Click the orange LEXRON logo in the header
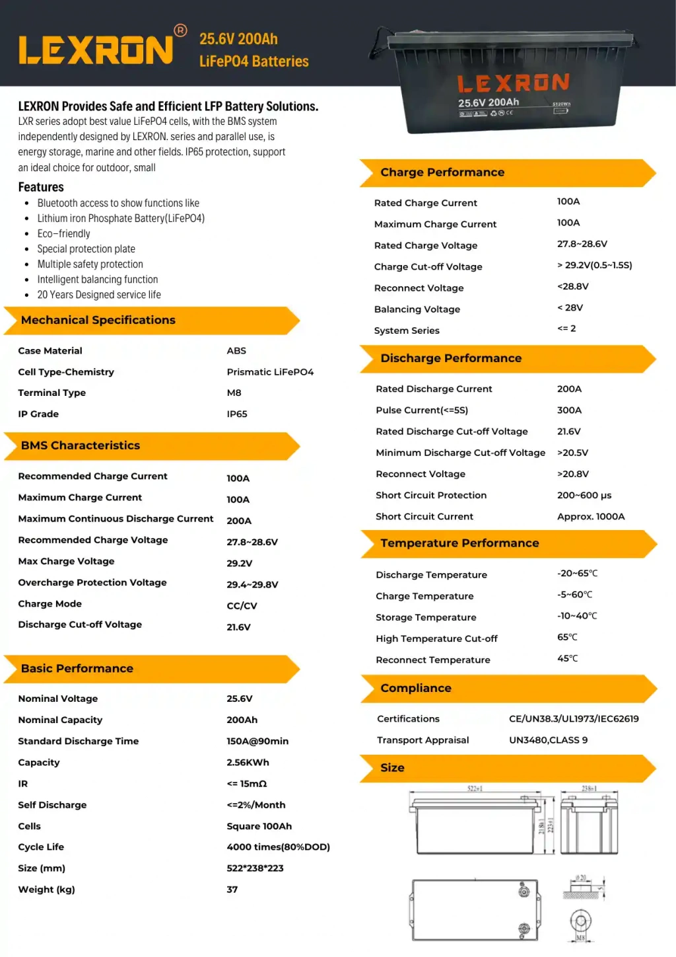(96, 50)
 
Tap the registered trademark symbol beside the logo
(180, 30)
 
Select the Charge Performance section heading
(442, 172)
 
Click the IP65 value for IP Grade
(237, 414)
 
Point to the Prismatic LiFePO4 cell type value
(270, 372)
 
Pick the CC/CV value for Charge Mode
(242, 606)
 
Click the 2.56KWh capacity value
(248, 763)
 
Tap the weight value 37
(232, 890)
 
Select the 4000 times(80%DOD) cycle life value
(278, 847)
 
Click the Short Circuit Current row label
(424, 517)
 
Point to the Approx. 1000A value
(591, 517)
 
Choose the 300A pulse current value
(569, 410)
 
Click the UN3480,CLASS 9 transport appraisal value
(548, 740)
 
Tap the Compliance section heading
(416, 688)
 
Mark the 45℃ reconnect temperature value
(567, 659)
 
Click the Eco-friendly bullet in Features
(63, 234)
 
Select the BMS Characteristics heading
(81, 445)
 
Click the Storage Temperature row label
(426, 617)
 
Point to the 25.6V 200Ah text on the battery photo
(489, 102)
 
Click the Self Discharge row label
(52, 805)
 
